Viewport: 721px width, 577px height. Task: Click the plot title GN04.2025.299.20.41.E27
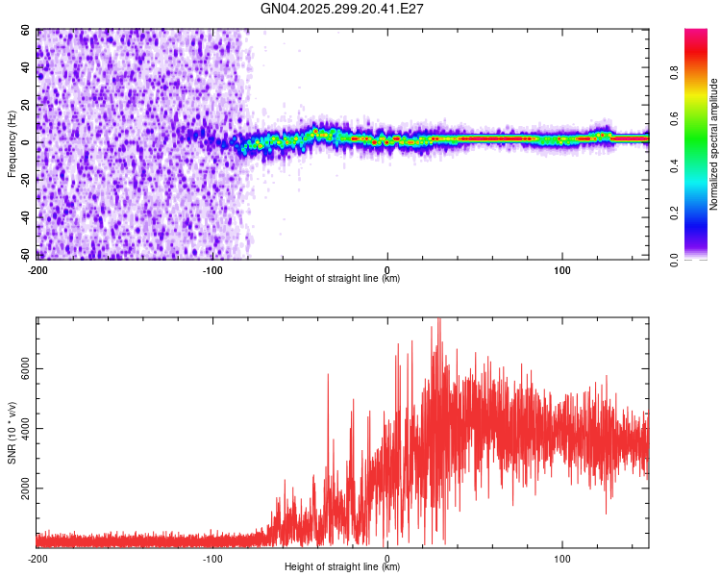[342, 9]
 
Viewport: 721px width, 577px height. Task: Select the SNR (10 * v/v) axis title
[12, 433]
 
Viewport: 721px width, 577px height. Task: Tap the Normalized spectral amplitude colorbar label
[713, 144]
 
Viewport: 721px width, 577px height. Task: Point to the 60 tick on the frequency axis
[26, 31]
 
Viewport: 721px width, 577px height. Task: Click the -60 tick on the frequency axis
[24, 254]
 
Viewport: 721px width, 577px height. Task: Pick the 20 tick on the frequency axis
[26, 105]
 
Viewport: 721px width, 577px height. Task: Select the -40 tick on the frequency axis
[24, 216]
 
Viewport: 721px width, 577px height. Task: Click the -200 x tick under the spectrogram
[37, 270]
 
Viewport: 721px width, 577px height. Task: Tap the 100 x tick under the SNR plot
[561, 559]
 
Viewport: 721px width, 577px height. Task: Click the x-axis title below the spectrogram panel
[342, 279]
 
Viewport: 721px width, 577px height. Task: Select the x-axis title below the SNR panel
[342, 567]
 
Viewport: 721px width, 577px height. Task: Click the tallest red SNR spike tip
[438, 319]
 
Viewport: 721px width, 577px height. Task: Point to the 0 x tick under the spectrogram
[386, 270]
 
